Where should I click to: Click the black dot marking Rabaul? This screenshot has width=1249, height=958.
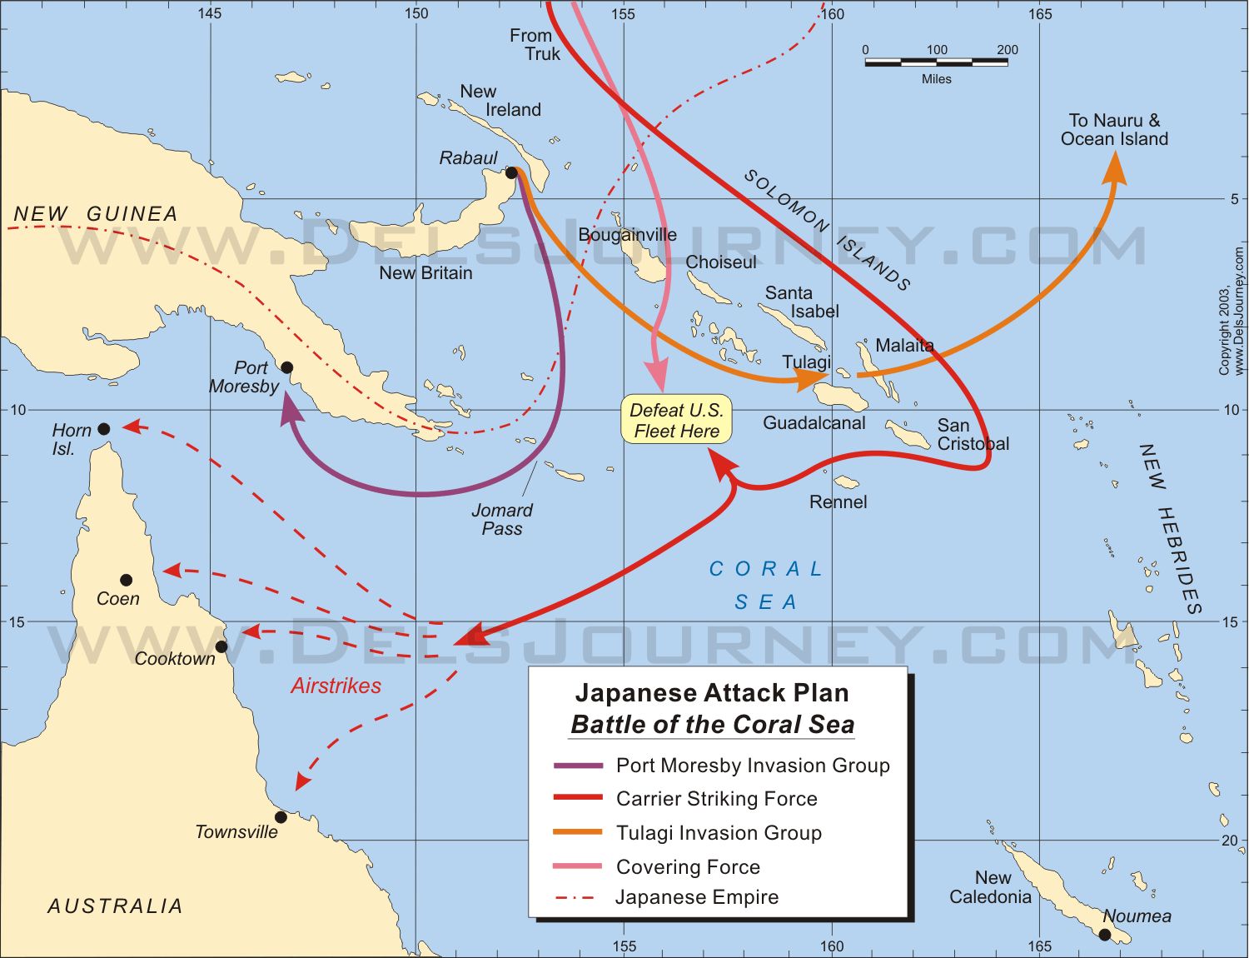tap(511, 172)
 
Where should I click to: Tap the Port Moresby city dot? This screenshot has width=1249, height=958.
tap(286, 367)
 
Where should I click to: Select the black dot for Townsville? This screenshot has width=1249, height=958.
tap(281, 817)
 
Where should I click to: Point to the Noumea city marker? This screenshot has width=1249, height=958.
tap(1105, 935)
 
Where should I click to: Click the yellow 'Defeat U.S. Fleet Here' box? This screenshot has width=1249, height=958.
tap(676, 420)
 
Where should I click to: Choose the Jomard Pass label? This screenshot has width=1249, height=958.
tap(502, 519)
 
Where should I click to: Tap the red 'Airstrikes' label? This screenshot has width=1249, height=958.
tap(336, 686)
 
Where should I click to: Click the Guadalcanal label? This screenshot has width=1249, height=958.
tap(814, 423)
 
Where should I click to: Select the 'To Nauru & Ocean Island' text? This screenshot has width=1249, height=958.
tap(1114, 130)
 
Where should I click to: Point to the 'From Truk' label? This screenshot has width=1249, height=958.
tap(535, 45)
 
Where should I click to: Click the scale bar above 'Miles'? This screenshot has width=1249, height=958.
tap(936, 62)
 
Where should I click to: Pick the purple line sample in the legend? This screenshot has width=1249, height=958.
tap(578, 766)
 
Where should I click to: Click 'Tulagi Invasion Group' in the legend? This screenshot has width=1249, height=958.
tap(719, 833)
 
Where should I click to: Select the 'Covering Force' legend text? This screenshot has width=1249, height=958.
tap(688, 867)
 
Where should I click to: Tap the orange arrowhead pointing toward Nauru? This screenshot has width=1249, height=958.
tap(1114, 169)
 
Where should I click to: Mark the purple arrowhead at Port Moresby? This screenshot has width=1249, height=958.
tap(290, 408)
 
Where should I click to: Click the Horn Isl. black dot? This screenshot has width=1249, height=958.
tap(104, 429)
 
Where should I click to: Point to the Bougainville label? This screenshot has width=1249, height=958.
tap(627, 235)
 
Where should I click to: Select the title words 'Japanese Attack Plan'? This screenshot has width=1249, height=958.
tap(712, 693)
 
